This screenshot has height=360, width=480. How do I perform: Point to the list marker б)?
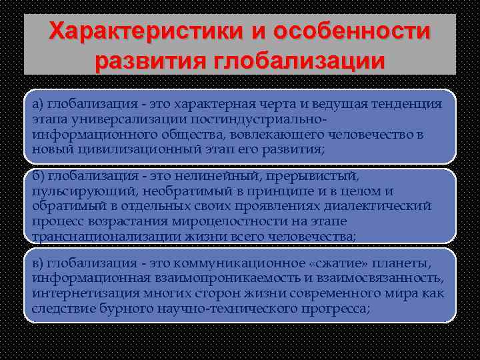(38, 177)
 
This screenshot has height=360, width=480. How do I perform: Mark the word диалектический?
(380, 207)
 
